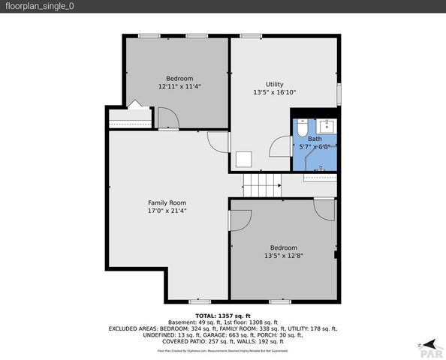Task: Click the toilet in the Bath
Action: pos(300,129)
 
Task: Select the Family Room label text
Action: pos(167,202)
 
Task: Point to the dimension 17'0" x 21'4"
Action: pos(167,211)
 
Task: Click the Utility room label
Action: pos(275,84)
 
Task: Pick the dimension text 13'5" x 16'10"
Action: pos(275,92)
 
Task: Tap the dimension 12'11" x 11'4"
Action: pos(179,86)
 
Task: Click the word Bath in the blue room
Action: pos(314,139)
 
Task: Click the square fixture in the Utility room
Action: pos(243,158)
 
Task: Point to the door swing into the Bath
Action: pos(282,145)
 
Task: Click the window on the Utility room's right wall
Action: pos(339,94)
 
